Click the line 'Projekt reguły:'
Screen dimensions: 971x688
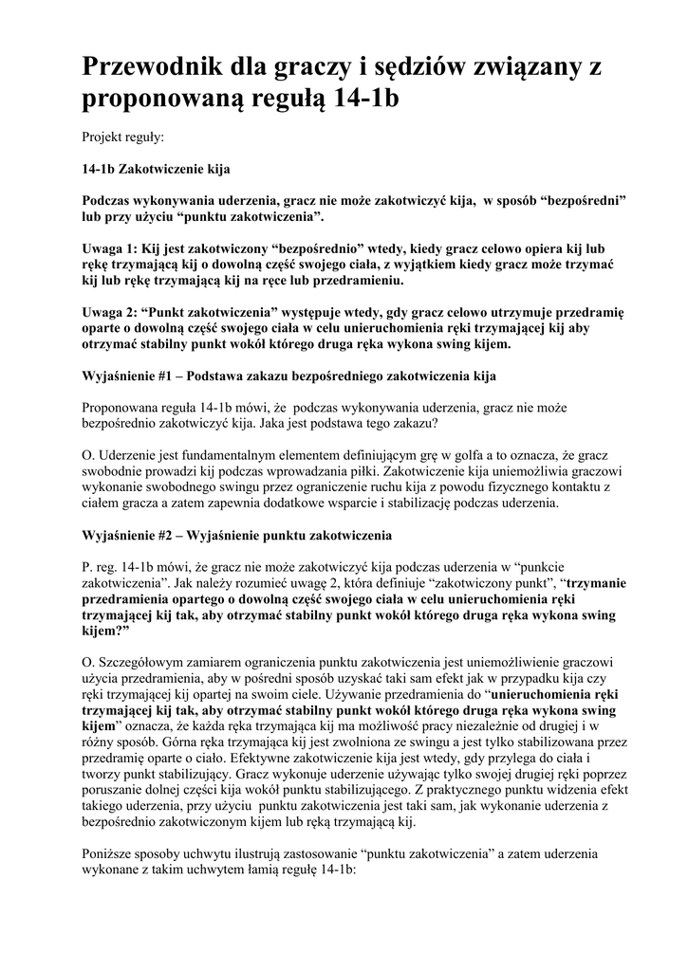coord(123,137)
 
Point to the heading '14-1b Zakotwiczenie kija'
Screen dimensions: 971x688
coord(156,170)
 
